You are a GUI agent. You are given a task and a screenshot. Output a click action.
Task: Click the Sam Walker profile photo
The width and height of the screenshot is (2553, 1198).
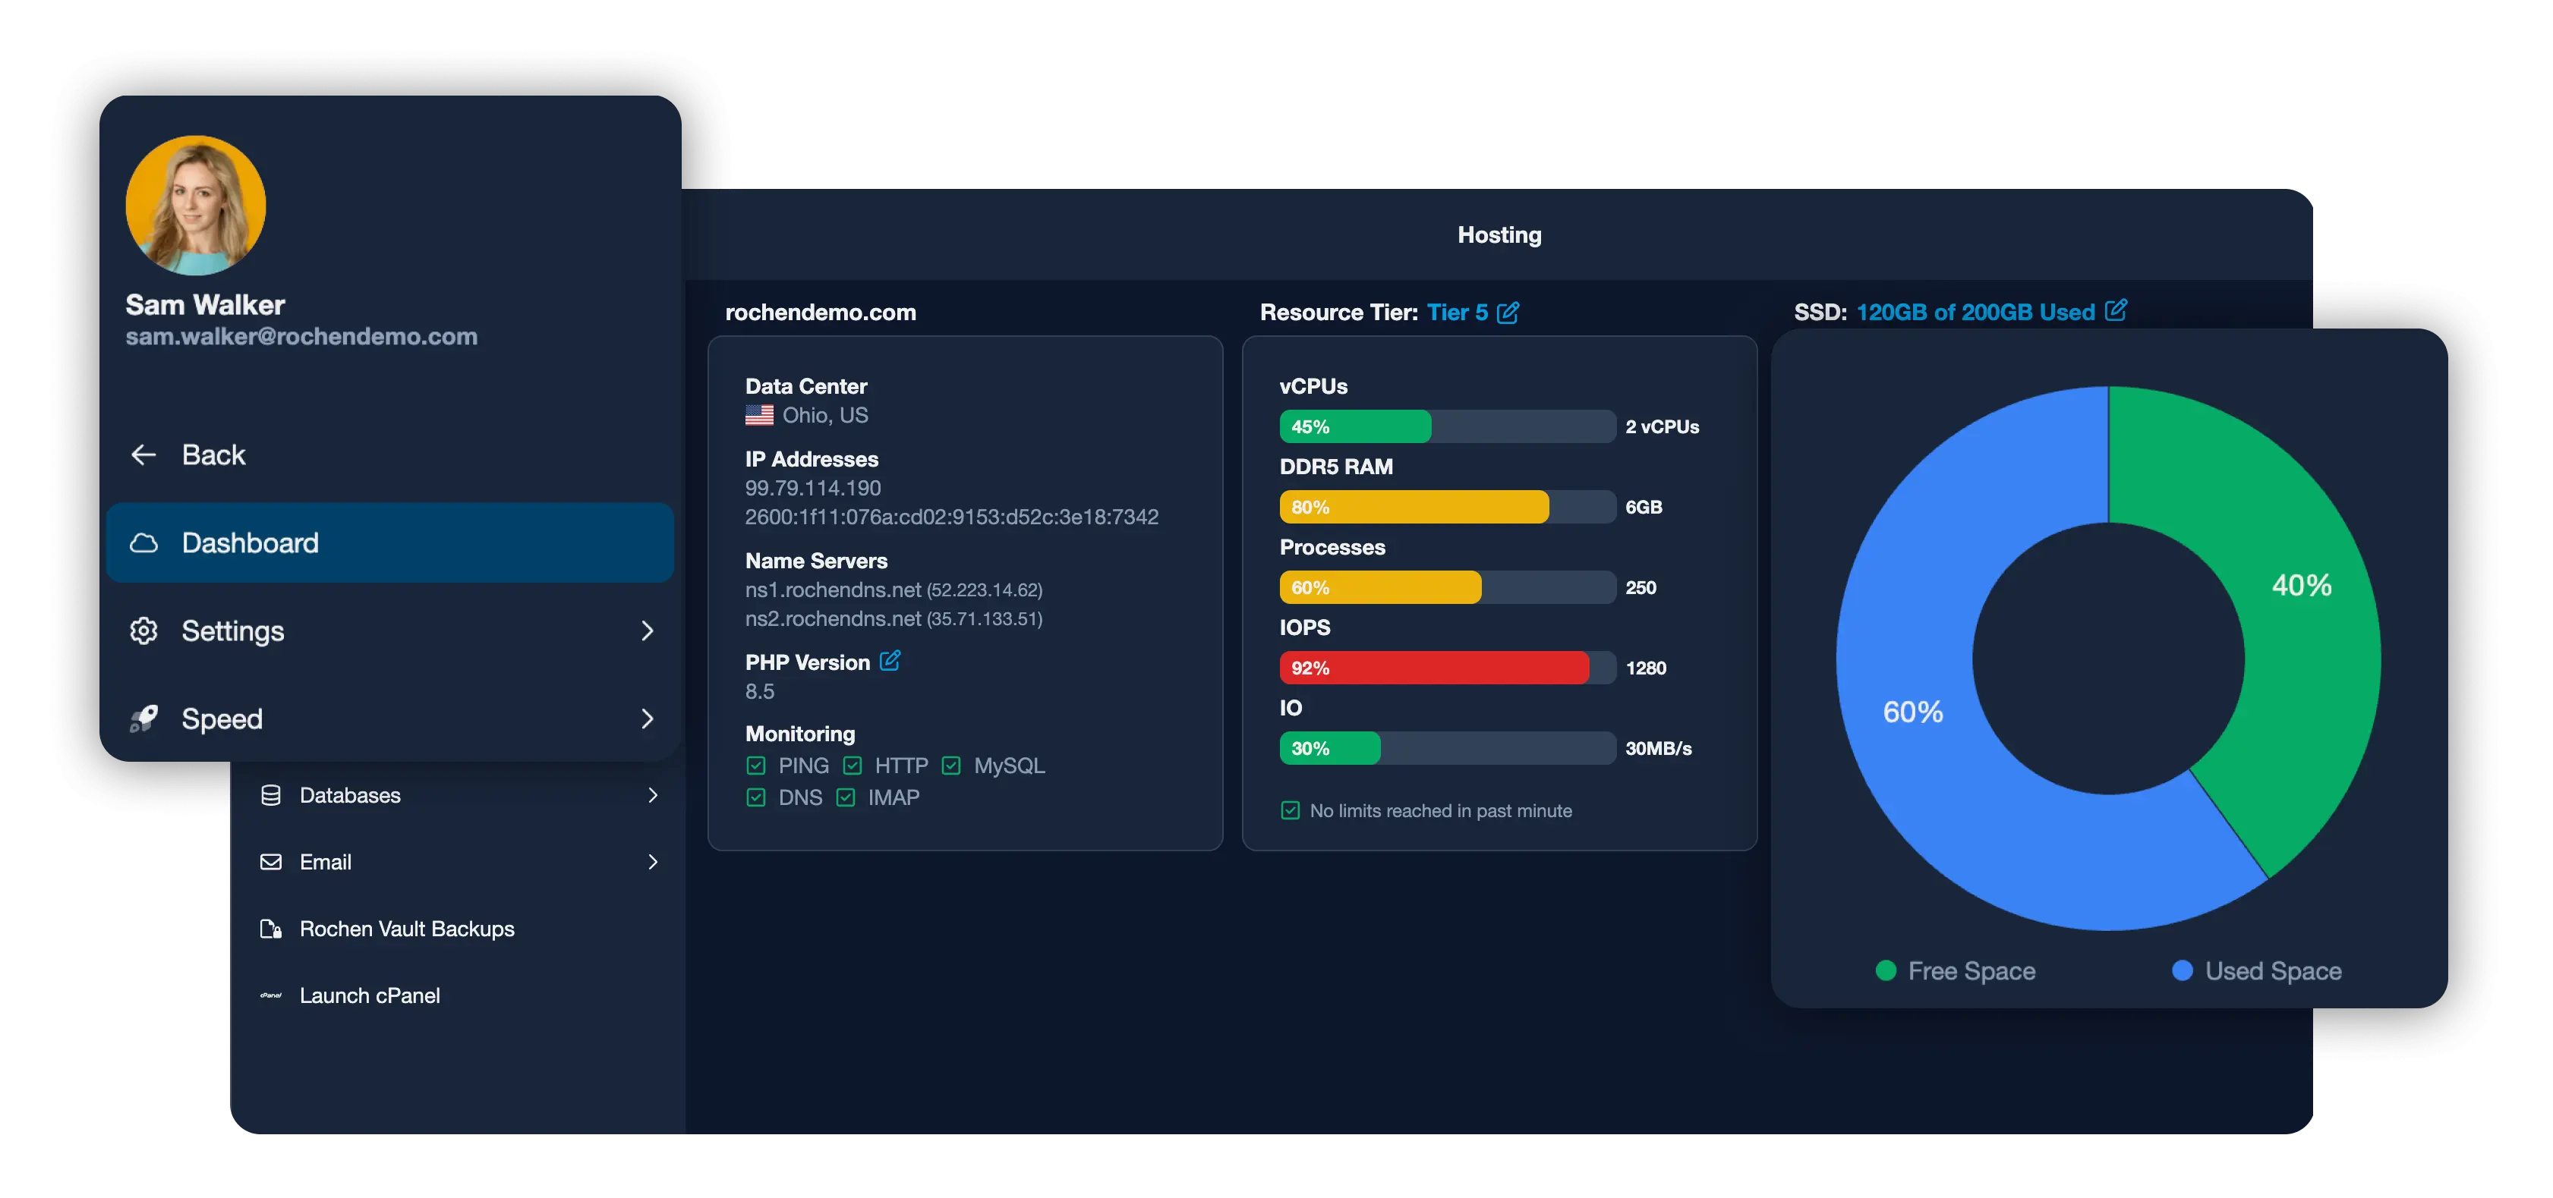195,205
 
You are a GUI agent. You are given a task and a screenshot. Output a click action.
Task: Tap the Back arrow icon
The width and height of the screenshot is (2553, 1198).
143,454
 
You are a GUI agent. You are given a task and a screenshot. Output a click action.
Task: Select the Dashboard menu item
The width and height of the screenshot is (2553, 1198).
389,542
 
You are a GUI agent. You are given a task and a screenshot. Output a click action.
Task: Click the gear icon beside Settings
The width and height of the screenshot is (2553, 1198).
143,630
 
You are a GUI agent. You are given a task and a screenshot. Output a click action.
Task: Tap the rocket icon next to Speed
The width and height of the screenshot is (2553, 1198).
143,718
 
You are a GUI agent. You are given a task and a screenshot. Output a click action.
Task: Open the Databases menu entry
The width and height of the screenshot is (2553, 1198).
350,794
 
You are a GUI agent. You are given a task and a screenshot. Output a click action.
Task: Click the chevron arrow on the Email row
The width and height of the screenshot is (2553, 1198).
652,862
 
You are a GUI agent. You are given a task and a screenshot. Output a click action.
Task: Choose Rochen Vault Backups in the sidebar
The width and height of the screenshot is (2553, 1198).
406,929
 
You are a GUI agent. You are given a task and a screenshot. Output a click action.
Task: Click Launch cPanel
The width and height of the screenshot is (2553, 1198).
370,995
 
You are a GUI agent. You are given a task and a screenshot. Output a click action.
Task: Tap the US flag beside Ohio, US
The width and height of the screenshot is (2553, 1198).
759,415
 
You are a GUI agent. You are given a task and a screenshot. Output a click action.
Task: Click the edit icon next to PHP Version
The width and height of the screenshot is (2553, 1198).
890,661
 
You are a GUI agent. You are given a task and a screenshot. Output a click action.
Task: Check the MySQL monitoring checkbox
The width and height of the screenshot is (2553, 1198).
951,766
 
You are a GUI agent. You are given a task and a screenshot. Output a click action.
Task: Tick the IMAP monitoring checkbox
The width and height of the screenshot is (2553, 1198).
846,797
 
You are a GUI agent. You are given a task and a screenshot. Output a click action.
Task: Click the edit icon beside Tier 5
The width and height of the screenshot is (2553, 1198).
1508,313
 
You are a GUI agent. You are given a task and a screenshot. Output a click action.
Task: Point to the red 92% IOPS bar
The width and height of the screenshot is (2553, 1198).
1434,668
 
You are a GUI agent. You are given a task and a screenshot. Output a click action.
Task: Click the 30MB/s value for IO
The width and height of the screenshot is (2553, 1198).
1658,748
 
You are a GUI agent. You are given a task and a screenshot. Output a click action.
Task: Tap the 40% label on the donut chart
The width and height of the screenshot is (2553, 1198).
2301,586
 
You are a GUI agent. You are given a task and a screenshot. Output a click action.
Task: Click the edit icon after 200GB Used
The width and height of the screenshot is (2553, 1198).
2115,311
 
